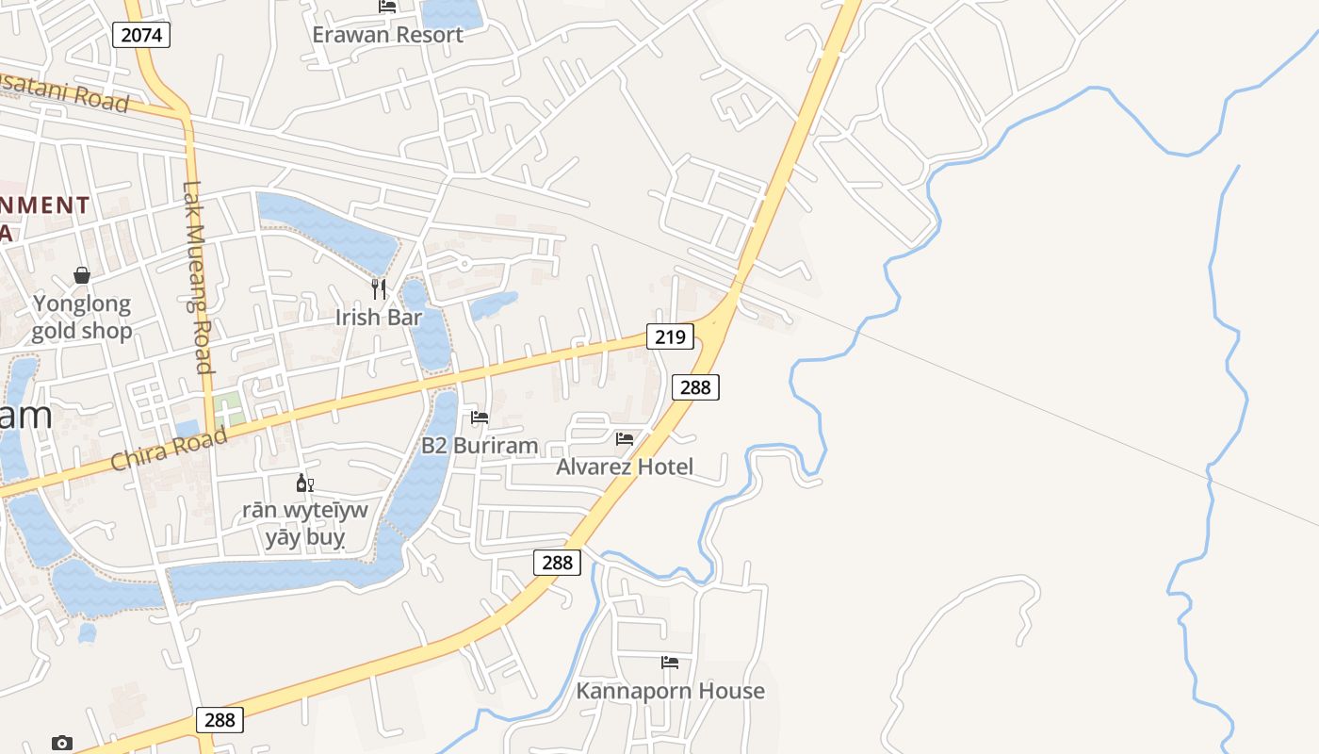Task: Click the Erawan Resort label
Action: [387, 35]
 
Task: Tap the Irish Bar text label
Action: [378, 318]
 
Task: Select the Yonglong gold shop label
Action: [82, 318]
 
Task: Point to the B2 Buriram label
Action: [480, 446]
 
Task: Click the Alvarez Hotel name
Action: [624, 467]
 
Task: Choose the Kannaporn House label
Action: [670, 691]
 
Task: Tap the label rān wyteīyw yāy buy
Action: [304, 524]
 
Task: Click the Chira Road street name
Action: [170, 449]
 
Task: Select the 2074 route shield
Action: [141, 36]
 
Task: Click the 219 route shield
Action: [670, 336]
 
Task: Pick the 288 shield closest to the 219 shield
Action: [695, 386]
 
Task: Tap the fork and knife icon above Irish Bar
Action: [379, 288]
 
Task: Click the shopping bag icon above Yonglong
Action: [82, 275]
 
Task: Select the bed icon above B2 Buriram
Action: [480, 417]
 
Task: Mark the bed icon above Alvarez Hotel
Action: [624, 438]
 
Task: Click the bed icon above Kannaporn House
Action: [670, 663]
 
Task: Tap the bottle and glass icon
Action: [304, 484]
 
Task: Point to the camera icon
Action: [62, 743]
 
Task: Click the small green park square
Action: [227, 411]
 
